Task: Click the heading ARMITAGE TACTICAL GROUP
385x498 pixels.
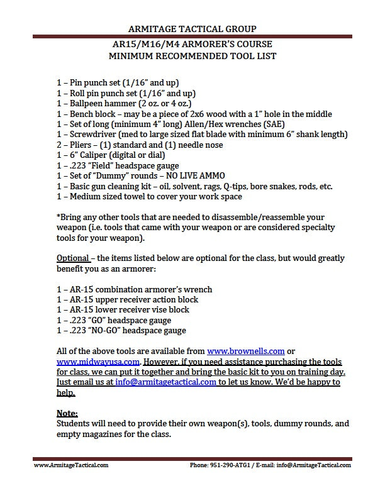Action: (192, 28)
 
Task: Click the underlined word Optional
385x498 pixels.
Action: (73, 258)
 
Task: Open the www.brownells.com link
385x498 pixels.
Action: (246, 351)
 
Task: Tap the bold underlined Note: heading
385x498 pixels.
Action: (67, 413)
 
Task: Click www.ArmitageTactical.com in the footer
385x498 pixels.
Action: (70, 465)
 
